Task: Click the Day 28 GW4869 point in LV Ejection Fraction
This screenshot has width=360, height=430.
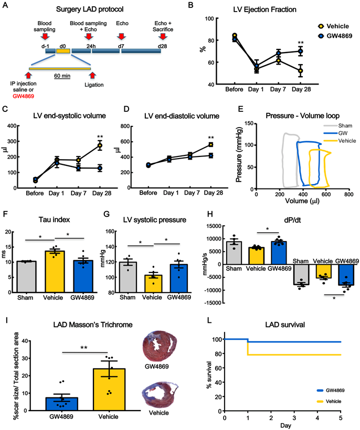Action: tap(300, 51)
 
